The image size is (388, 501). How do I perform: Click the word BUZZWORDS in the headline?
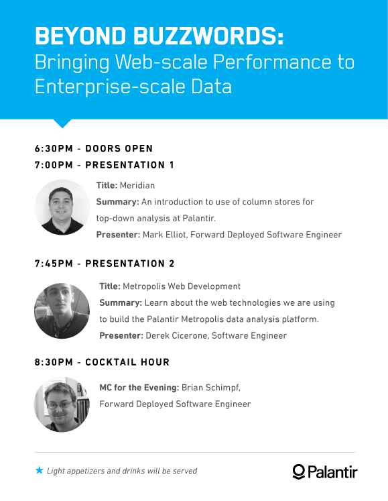[x=208, y=36]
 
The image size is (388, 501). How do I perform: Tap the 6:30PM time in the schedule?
[x=54, y=149]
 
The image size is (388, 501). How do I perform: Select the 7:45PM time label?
[x=54, y=264]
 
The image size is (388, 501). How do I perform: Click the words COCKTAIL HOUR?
[x=127, y=362]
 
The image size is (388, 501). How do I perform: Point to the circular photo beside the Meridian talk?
[x=62, y=207]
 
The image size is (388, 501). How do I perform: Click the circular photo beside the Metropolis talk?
[x=62, y=311]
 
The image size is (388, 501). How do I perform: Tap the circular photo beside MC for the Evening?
[x=62, y=404]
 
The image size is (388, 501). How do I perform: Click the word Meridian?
[x=137, y=185]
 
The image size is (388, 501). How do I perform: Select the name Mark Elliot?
[x=164, y=235]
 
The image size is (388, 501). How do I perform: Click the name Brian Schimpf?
[x=210, y=388]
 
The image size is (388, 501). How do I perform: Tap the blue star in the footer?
[x=40, y=470]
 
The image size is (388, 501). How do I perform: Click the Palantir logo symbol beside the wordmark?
[x=299, y=471]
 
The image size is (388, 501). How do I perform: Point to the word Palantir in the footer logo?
[x=332, y=472]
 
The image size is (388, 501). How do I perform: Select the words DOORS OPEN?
[x=119, y=149]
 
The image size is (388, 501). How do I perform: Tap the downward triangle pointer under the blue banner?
[x=62, y=123]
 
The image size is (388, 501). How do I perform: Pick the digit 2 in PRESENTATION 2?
[x=172, y=264]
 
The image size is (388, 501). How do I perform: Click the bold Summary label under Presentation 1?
[x=117, y=202]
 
